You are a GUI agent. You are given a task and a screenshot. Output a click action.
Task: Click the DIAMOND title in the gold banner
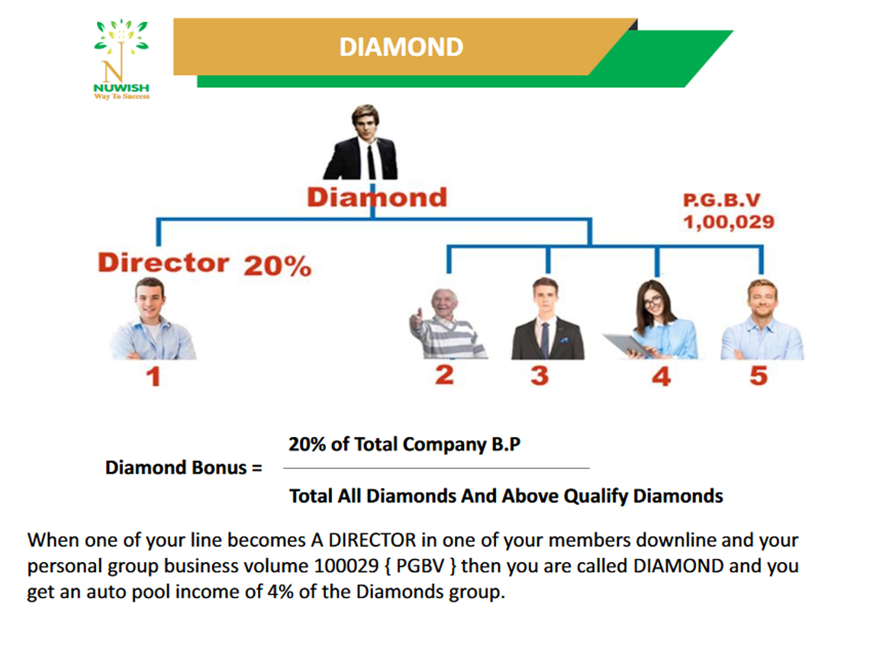pyautogui.click(x=401, y=47)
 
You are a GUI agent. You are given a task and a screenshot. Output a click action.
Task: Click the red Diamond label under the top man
pyautogui.click(x=377, y=198)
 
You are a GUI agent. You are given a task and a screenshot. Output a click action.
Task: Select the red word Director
pyautogui.click(x=163, y=262)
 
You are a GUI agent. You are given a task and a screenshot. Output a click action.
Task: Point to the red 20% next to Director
pyautogui.click(x=278, y=265)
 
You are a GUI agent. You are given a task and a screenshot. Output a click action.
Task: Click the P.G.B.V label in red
pyautogui.click(x=721, y=200)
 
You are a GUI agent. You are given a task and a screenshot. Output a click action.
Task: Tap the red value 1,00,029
pyautogui.click(x=729, y=222)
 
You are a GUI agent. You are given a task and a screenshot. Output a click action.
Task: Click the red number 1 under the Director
pyautogui.click(x=153, y=377)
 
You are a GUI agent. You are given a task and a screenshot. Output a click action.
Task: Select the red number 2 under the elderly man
pyautogui.click(x=444, y=374)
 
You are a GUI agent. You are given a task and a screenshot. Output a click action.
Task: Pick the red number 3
pyautogui.click(x=540, y=376)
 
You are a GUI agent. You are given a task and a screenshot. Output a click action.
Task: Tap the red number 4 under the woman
pyautogui.click(x=661, y=377)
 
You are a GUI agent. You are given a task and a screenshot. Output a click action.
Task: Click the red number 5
pyautogui.click(x=759, y=376)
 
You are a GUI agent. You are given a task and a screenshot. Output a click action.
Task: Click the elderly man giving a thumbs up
pyautogui.click(x=447, y=323)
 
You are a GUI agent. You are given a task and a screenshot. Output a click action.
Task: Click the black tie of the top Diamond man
pyautogui.click(x=371, y=162)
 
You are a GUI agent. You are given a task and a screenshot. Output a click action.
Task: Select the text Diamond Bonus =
pyautogui.click(x=184, y=467)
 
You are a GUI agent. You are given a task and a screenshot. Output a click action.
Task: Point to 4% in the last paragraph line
pyautogui.click(x=280, y=592)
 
